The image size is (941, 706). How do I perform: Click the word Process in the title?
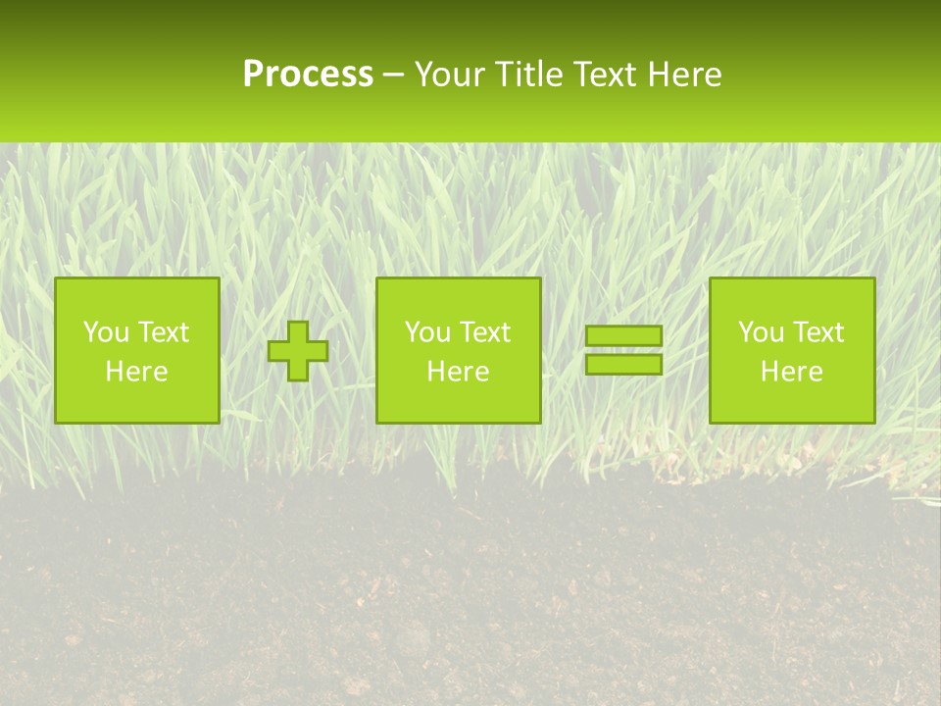308,75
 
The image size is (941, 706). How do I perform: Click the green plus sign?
298,351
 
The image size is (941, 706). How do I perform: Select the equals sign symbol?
623,350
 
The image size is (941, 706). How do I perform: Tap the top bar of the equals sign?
623,336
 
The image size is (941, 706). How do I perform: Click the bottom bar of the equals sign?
623,364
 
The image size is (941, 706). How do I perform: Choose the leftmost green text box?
136,350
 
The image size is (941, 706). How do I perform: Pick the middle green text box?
458,350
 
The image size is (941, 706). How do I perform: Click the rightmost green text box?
791,350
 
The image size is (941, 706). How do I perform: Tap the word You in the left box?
106,332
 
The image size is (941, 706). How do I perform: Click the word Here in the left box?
136,372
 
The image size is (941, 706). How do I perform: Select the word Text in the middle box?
486,332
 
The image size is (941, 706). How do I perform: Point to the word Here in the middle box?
458,372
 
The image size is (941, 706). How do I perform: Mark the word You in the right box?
761,332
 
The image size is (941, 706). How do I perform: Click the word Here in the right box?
791,372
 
